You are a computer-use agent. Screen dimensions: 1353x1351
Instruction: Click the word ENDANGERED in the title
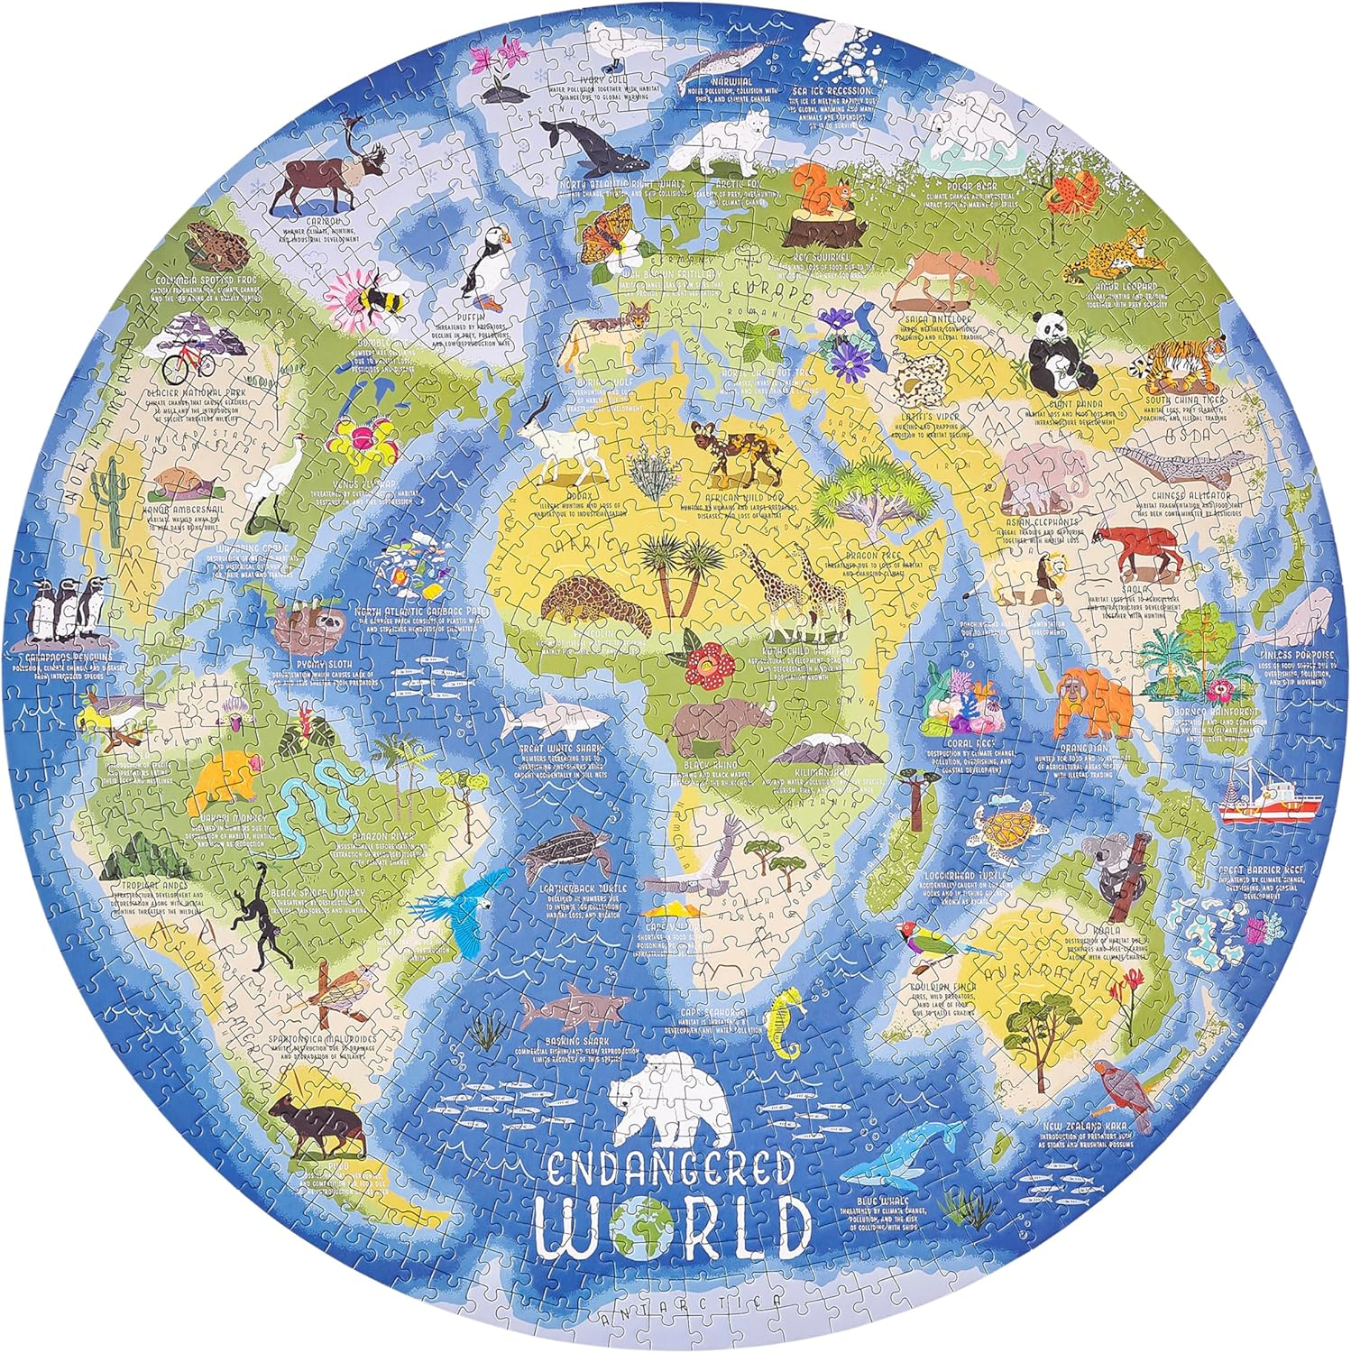[673, 1166]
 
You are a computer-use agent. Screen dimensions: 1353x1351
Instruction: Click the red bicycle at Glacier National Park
[188, 363]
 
